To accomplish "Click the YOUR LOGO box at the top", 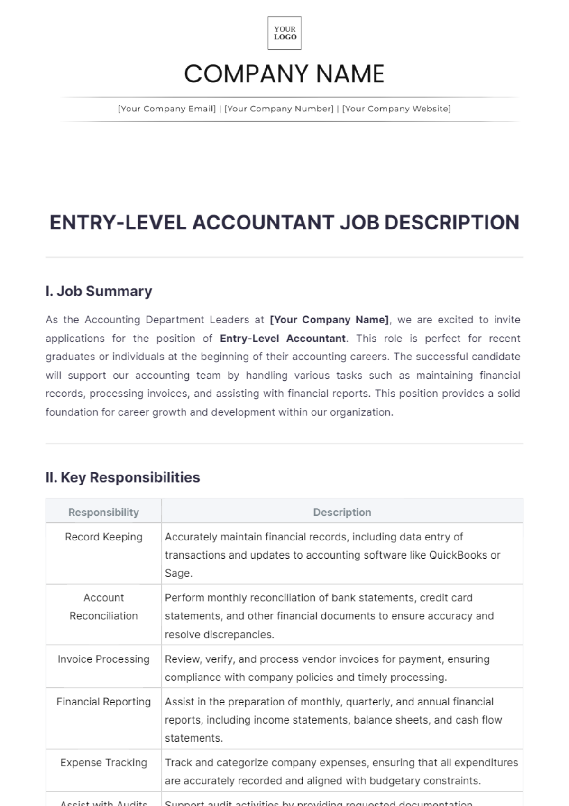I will [284, 33].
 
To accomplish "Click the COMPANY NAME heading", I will [284, 74].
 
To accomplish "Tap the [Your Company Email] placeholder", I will [167, 109].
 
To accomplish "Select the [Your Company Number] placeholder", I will [279, 109].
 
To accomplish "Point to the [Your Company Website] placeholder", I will [396, 109].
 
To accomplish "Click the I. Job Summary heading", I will [99, 291].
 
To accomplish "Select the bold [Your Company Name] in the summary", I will [329, 320].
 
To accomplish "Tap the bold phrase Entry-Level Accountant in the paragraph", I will [283, 339].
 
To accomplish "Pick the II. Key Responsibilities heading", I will [123, 477].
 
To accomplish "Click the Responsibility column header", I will [103, 512].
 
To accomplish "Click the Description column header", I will [342, 512].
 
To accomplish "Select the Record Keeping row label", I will [103, 537].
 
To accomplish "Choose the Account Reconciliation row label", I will [103, 607].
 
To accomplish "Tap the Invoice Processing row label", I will [103, 659].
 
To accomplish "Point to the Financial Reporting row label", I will [103, 702].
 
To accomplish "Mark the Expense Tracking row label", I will [103, 762].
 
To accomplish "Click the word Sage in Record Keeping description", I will [177, 573].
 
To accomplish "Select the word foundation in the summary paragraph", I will [72, 412].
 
